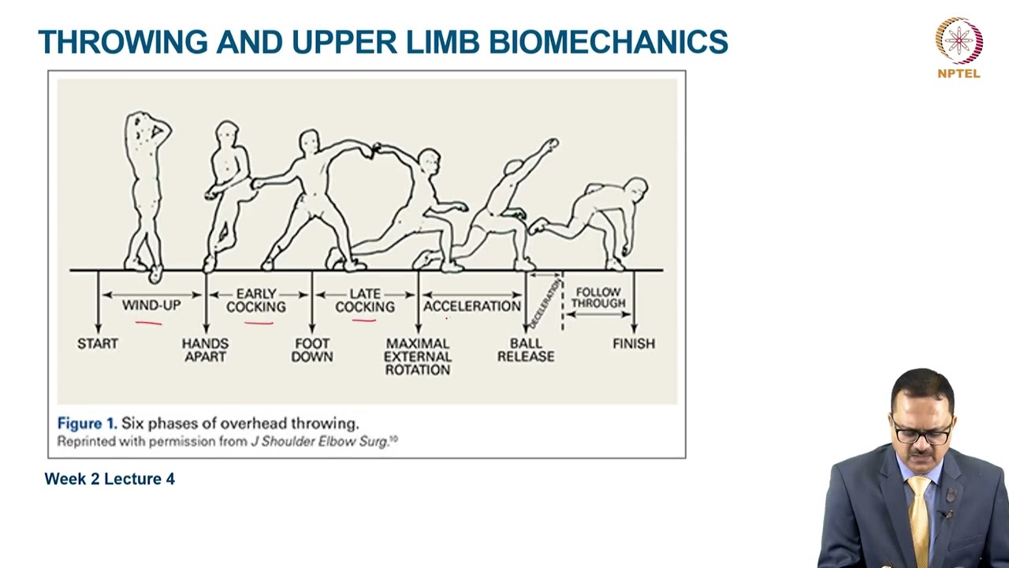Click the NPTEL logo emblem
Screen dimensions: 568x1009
point(959,40)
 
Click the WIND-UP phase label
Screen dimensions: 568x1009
point(151,305)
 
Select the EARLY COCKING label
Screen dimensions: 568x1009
point(256,300)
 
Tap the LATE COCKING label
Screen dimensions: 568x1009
point(365,300)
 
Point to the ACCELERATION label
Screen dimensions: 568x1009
point(472,305)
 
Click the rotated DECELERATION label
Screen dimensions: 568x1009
point(545,303)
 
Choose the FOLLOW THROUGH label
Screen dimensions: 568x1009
point(598,297)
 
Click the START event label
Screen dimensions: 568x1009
point(98,344)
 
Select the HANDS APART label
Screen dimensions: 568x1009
point(205,349)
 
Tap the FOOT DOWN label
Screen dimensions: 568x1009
point(312,349)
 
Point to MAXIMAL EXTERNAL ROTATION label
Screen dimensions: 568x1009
point(418,357)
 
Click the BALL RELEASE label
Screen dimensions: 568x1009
point(526,349)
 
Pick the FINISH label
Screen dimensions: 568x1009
point(634,344)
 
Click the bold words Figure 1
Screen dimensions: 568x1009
point(87,424)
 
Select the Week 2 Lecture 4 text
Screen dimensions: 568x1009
point(110,479)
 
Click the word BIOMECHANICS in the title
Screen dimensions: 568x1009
point(608,42)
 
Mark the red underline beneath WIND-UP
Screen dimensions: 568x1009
point(149,322)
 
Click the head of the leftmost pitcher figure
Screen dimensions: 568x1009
point(143,126)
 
